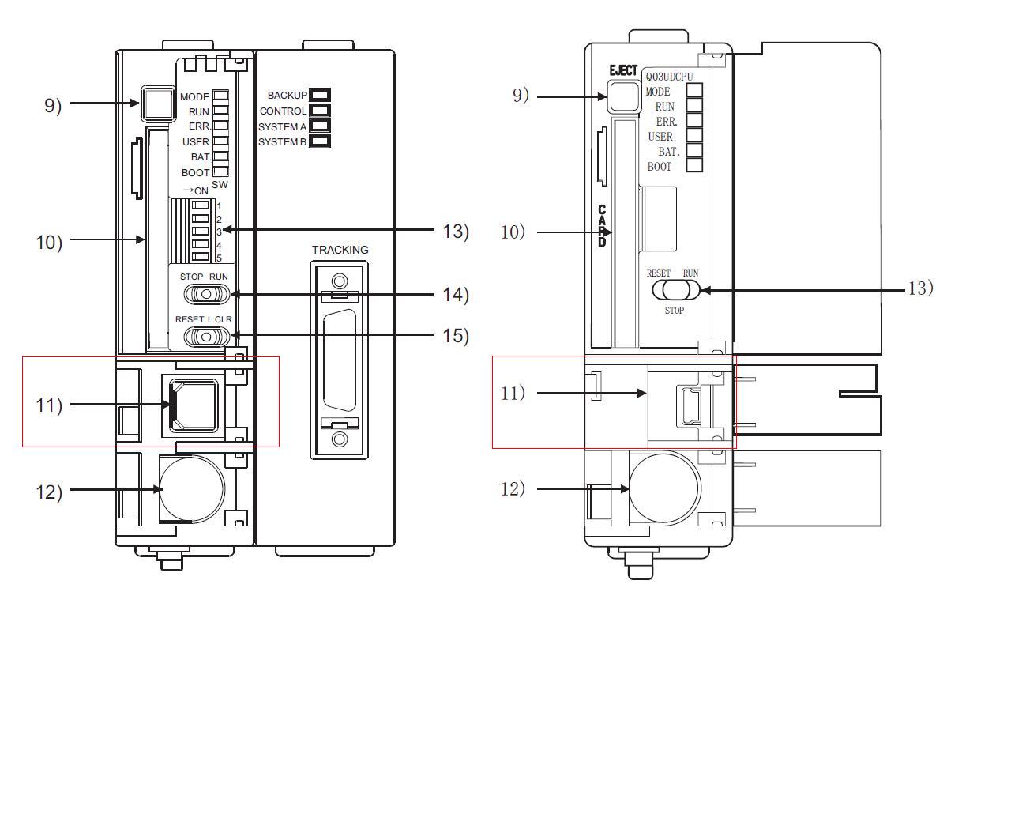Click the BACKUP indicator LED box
[320, 96]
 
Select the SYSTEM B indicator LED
[320, 141]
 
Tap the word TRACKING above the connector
[340, 250]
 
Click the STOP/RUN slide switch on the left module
[206, 294]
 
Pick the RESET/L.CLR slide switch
[206, 337]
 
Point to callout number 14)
[455, 295]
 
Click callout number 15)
[455, 336]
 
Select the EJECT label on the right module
[623, 71]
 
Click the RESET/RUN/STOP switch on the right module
[676, 290]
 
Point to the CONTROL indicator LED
[320, 111]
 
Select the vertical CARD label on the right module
[602, 226]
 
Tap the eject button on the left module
[157, 103]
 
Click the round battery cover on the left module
[192, 488]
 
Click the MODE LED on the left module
[220, 96]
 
